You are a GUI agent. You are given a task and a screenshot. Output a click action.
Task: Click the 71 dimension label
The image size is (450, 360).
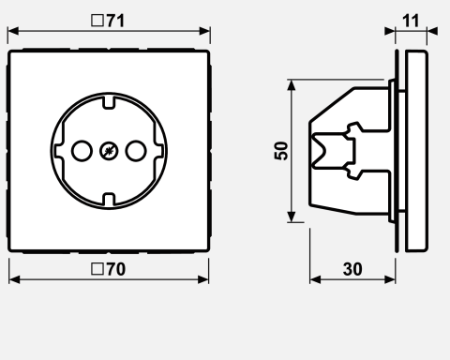115,21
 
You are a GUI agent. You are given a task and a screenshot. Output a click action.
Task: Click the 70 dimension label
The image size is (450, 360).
116,269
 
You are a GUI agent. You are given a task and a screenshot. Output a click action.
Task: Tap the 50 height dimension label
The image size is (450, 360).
281,151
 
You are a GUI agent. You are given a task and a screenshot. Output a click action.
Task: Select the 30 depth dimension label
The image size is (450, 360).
352,269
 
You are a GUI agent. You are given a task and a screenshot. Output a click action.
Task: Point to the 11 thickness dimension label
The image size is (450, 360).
411,21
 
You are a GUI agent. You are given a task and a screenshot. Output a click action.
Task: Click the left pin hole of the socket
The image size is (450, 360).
82,151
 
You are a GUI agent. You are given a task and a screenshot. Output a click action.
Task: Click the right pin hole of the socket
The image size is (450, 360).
136,151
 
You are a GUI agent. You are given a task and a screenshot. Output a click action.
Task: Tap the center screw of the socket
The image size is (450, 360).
109,151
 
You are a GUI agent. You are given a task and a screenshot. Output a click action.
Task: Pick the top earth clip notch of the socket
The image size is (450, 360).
109,103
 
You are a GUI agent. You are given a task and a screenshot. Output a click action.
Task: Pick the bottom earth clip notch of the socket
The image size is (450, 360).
109,199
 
